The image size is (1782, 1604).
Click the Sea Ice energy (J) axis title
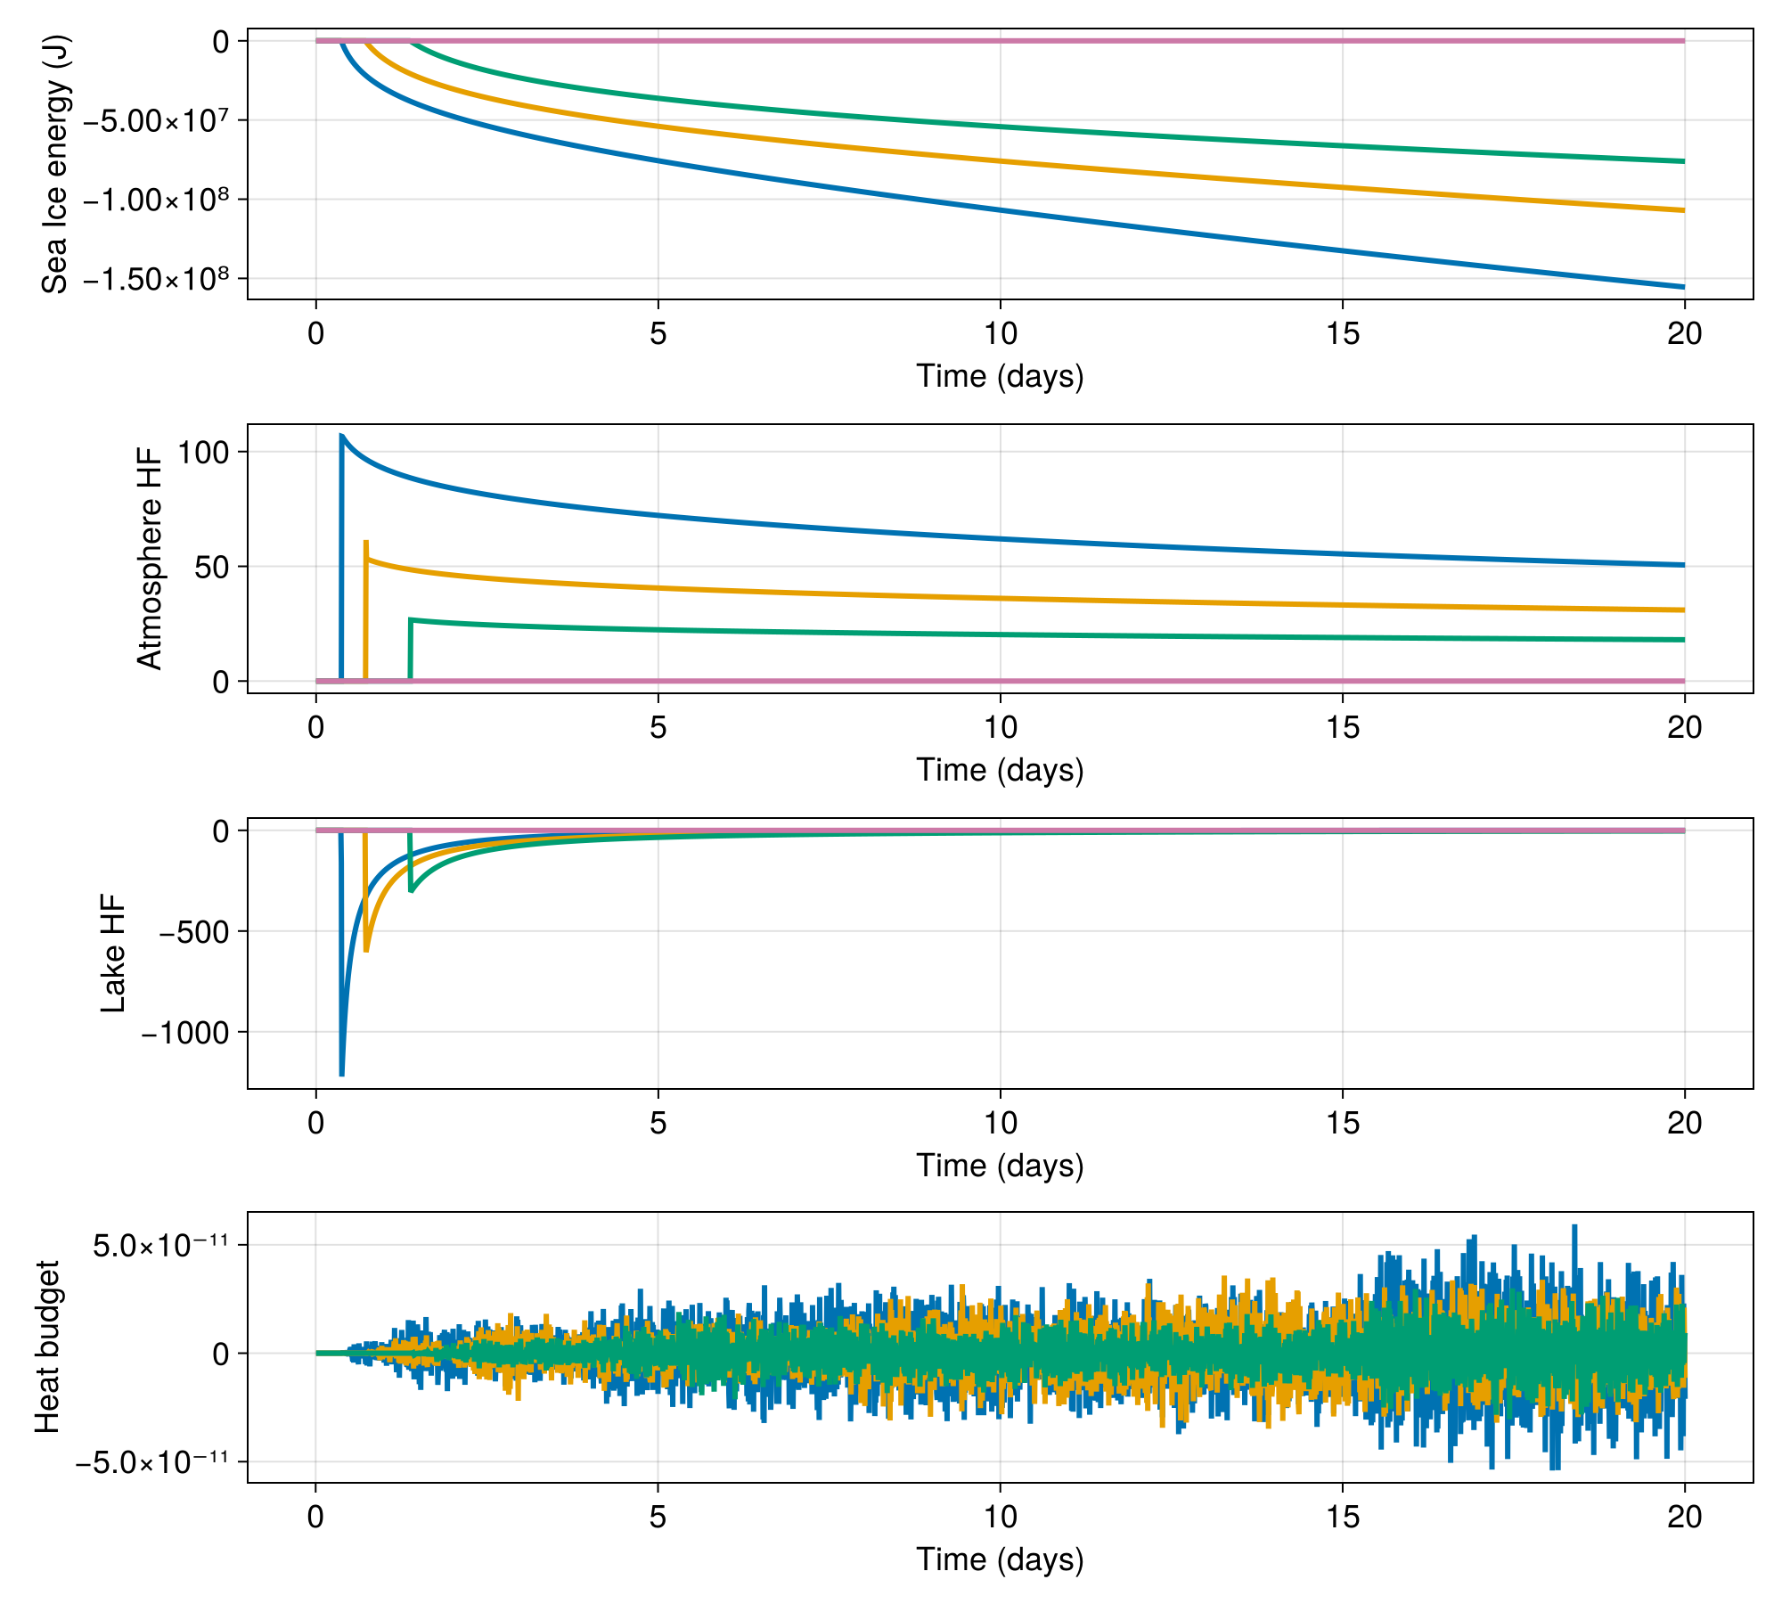click(55, 164)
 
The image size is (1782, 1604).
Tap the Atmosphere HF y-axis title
click(150, 559)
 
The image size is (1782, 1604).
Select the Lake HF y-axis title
click(113, 953)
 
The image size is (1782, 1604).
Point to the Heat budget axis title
click(47, 1346)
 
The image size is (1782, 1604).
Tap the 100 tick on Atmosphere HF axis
click(203, 453)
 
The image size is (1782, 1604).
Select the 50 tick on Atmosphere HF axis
click(212, 567)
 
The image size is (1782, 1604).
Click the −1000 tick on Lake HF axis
click(185, 1033)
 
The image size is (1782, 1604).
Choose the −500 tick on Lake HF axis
click(194, 932)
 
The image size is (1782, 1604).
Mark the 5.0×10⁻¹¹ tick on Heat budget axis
click(160, 1245)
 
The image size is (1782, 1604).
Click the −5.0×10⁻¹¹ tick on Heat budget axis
click(151, 1462)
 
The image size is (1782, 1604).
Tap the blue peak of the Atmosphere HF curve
click(342, 436)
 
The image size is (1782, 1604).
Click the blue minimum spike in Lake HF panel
click(342, 1074)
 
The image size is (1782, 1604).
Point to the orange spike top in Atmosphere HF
click(366, 542)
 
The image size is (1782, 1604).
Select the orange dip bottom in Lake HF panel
click(366, 951)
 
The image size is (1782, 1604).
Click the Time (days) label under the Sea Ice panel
click(1000, 376)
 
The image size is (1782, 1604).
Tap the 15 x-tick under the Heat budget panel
click(1342, 1516)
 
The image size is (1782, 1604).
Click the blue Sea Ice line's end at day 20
click(1683, 287)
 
